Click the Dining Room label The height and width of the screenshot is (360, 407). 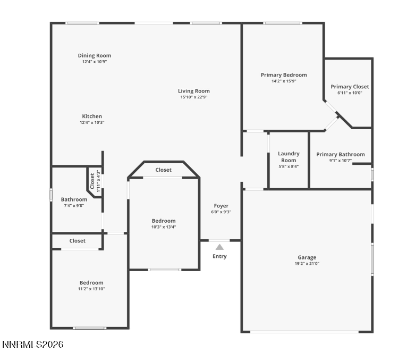coord(94,55)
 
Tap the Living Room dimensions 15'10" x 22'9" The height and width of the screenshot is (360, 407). coord(193,97)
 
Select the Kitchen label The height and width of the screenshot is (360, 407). coord(91,116)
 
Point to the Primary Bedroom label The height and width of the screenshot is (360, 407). coord(283,75)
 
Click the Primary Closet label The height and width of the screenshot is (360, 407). coord(349,87)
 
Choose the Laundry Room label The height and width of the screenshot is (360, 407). coord(289,157)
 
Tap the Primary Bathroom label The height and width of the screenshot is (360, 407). coord(340,155)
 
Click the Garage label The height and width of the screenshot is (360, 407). coord(307,257)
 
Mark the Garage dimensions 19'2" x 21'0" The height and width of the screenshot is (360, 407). coord(307,264)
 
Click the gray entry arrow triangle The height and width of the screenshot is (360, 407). coord(219,247)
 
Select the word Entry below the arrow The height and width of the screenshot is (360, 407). coord(219,256)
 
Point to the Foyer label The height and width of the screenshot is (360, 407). coord(221,206)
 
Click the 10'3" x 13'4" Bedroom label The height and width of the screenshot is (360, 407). coord(163,221)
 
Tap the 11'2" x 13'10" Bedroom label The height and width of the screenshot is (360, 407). coord(91,282)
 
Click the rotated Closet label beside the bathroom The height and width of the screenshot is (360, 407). coord(92,181)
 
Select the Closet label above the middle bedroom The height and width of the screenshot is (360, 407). coord(163,170)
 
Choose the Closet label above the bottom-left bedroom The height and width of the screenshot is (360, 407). coord(77,241)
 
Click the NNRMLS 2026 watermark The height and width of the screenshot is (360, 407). coord(33,345)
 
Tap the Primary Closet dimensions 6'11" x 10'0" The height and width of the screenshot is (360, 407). coord(349,93)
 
